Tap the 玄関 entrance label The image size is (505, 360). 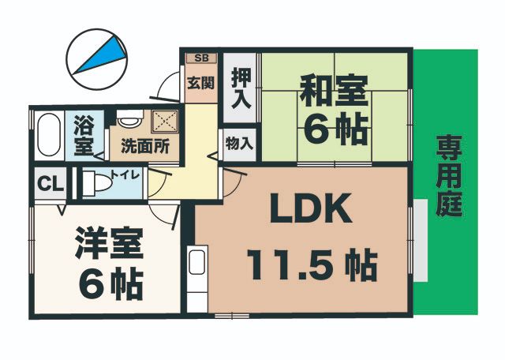click(x=200, y=82)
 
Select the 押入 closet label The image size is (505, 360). click(x=241, y=88)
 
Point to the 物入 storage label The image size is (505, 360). click(x=239, y=144)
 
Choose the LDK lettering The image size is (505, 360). click(x=310, y=211)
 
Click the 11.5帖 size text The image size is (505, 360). click(x=312, y=265)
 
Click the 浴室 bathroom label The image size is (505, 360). click(x=83, y=135)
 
